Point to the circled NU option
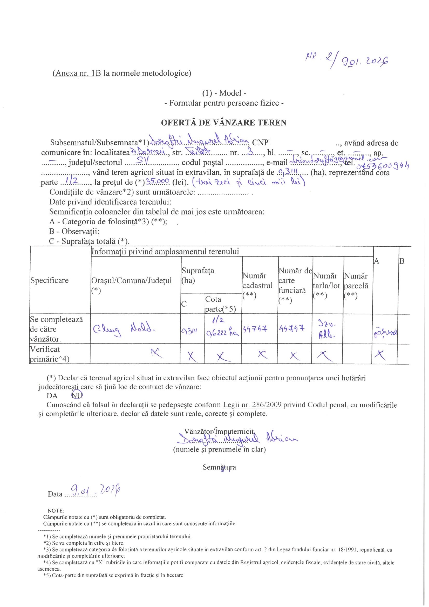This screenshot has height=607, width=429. [x=77, y=396]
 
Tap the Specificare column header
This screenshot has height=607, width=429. [x=49, y=280]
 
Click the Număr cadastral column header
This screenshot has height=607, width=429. [x=257, y=285]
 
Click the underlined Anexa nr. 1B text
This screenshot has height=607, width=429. [x=78, y=73]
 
